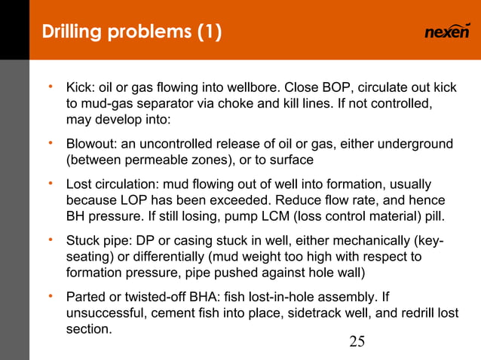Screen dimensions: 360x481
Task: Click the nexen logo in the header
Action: [x=447, y=32]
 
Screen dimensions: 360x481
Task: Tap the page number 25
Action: [x=357, y=343]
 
